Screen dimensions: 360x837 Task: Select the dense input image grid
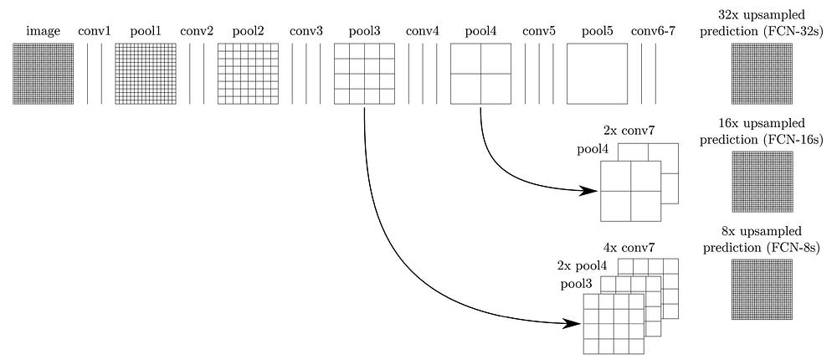(43, 75)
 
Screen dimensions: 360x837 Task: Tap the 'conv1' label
(93, 32)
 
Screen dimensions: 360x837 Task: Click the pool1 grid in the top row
(145, 75)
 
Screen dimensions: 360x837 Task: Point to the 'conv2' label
(197, 32)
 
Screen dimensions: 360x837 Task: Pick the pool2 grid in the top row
(248, 75)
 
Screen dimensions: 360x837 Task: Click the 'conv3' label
(306, 32)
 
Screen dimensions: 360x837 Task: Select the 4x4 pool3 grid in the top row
(364, 75)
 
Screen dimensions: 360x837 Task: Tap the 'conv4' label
(423, 32)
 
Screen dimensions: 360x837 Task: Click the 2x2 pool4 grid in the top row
(480, 75)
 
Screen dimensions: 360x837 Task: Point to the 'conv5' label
(539, 32)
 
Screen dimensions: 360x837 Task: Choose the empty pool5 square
(597, 75)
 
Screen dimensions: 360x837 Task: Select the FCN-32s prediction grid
(761, 75)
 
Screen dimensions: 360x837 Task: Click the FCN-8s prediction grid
(761, 289)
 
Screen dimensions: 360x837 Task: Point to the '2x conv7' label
(628, 131)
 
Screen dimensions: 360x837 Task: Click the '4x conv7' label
(628, 248)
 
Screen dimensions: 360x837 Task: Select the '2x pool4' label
(583, 265)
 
